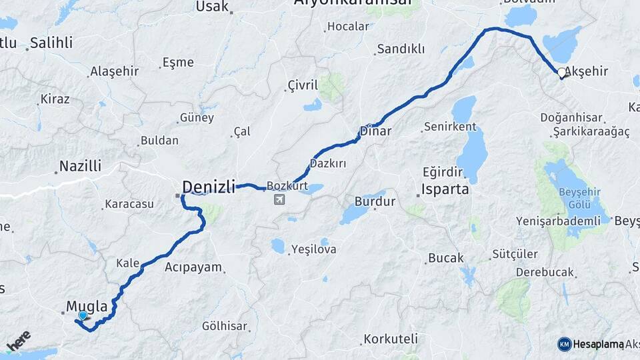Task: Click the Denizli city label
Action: point(209,187)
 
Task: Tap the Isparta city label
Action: point(446,189)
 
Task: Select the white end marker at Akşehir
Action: point(561,73)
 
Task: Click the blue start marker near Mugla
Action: point(83,316)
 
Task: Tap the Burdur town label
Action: point(375,201)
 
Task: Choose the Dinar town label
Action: point(375,131)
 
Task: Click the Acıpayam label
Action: point(193,267)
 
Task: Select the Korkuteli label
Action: point(391,339)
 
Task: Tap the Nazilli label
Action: point(80,166)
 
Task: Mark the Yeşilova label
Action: point(313,250)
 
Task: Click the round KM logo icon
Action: point(565,344)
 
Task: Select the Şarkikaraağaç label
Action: point(591,132)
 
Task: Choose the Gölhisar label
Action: point(225,326)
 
